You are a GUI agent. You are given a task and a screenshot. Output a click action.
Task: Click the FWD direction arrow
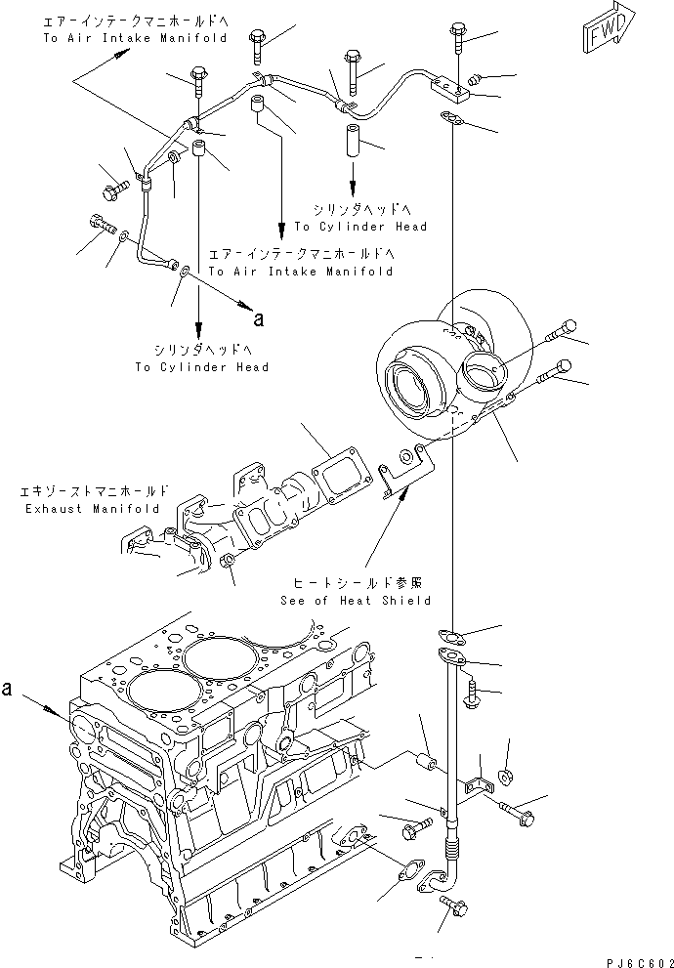tap(610, 28)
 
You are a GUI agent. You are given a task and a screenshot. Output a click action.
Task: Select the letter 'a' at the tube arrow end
tap(258, 317)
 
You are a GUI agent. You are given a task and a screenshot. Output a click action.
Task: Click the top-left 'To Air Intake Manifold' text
tap(135, 38)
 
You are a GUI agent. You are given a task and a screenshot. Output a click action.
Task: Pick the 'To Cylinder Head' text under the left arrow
tap(202, 366)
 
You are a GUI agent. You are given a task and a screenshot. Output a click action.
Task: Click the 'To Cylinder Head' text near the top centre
tap(360, 227)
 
